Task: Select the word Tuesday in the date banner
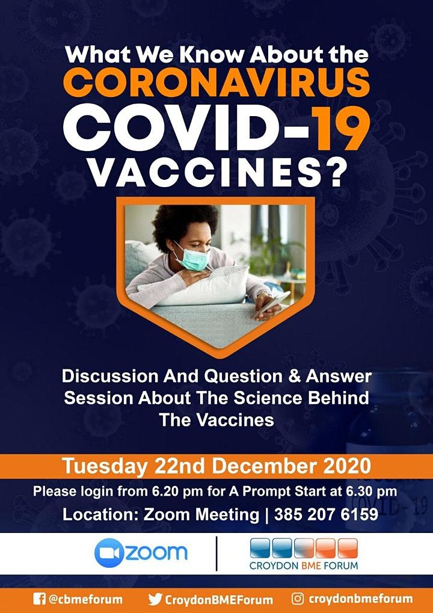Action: (105, 466)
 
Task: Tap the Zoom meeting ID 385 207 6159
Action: (326, 514)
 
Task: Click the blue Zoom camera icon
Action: (108, 553)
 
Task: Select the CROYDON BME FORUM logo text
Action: (304, 565)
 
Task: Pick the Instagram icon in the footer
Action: (298, 599)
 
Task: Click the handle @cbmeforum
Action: (85, 599)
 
